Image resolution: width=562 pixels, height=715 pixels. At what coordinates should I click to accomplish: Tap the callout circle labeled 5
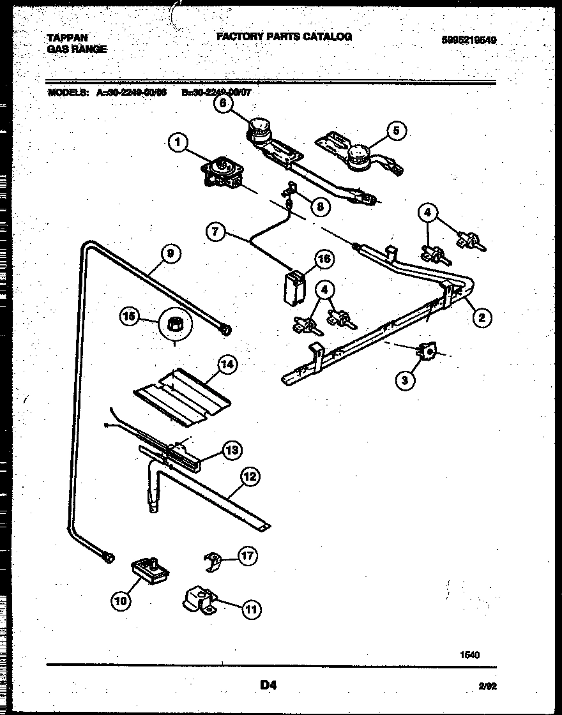[395, 131]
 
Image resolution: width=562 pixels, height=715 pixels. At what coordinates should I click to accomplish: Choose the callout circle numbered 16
[324, 258]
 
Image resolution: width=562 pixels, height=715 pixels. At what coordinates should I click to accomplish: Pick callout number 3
[404, 380]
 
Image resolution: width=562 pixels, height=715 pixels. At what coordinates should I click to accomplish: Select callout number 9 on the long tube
[170, 253]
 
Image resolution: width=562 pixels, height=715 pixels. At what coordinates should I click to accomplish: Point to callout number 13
[231, 450]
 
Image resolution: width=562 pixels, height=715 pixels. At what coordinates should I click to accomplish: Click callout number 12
[250, 476]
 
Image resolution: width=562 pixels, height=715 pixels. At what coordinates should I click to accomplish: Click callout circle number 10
[121, 600]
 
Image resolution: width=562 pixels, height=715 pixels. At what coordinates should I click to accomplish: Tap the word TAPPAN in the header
[67, 38]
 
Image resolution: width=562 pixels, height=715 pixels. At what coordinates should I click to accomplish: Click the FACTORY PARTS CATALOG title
[284, 37]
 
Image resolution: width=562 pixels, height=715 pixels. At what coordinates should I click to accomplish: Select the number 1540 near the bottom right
[469, 655]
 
